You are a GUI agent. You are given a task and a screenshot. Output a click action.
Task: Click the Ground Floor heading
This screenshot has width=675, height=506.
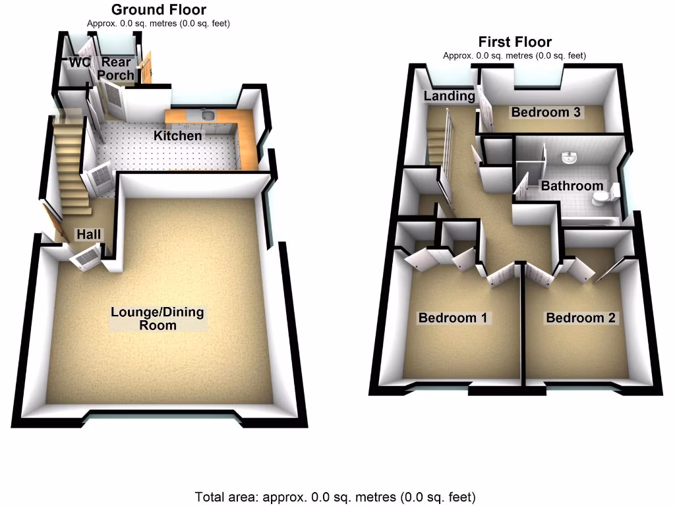[158, 10]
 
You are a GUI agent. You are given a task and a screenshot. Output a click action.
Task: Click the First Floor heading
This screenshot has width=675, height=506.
[515, 42]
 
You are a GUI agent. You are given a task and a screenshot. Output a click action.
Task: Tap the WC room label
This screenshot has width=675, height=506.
[79, 63]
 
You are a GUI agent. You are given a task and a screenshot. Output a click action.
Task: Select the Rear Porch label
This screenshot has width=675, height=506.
[115, 69]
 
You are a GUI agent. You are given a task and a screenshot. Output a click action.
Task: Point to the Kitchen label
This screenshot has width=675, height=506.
[177, 136]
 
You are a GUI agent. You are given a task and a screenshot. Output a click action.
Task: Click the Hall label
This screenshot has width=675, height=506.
[88, 235]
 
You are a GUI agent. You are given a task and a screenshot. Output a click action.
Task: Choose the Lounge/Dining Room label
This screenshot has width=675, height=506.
[158, 318]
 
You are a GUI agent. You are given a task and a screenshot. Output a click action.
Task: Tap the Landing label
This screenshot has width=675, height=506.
[449, 96]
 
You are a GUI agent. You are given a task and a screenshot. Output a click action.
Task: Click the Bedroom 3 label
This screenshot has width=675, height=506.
[546, 112]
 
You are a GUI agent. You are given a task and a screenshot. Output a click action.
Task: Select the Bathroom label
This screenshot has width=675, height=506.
[572, 186]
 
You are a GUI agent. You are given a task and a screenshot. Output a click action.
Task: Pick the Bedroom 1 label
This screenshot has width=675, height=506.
[453, 318]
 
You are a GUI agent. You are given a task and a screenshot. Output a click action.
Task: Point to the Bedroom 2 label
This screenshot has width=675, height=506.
[581, 318]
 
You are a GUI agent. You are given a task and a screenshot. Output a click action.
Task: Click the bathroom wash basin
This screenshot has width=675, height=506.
[570, 159]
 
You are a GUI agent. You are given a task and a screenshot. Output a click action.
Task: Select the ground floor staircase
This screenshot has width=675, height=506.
[71, 168]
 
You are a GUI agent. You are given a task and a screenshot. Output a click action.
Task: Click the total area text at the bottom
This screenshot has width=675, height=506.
[335, 496]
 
